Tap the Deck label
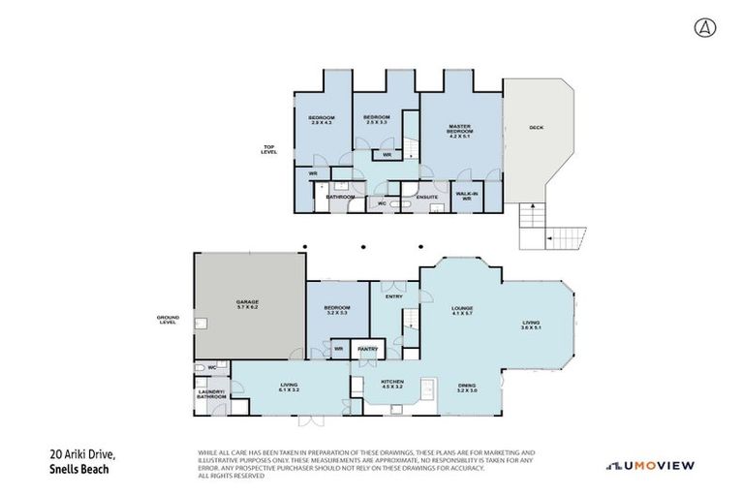536,128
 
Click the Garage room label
247,304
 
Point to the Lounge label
461,311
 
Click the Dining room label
467,387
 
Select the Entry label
393,296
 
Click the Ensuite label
427,198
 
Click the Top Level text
269,150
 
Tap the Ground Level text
168,319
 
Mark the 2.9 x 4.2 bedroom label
322,120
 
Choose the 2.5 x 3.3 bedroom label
376,120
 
